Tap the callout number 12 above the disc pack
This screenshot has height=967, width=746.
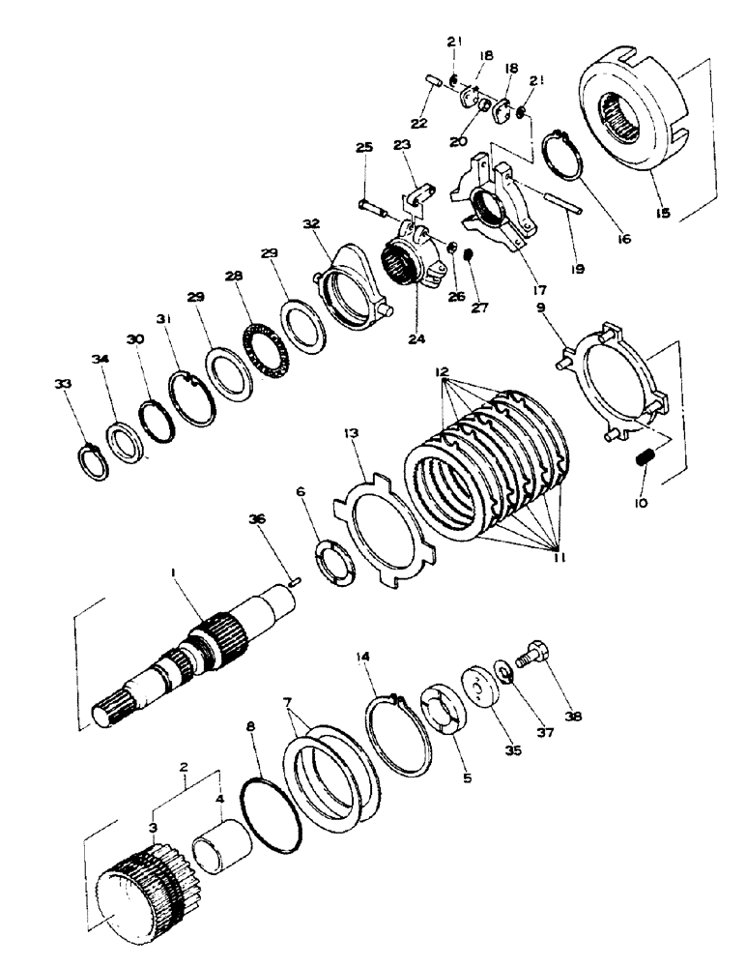[x=443, y=371]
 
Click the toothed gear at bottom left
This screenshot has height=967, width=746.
[x=140, y=890]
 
